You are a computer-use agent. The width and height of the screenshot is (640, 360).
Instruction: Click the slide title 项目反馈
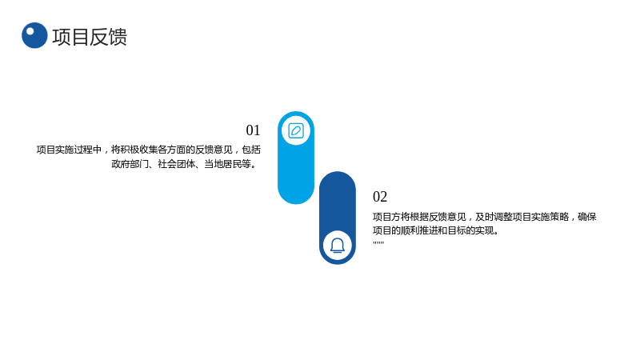(90, 37)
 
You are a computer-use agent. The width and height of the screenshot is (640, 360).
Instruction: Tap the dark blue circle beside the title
(34, 35)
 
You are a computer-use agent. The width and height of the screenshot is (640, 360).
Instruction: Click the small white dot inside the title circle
(30, 31)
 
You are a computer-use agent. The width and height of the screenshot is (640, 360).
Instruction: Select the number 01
(253, 130)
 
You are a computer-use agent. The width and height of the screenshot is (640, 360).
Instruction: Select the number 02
(380, 197)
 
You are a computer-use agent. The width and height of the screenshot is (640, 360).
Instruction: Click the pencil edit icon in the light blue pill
(296, 131)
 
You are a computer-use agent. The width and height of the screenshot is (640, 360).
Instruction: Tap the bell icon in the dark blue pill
(338, 246)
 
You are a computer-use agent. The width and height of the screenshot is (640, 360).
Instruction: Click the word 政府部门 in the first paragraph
(130, 164)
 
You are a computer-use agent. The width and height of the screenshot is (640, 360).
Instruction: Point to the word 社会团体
(176, 164)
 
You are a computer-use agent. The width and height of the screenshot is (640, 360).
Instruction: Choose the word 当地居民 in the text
(222, 164)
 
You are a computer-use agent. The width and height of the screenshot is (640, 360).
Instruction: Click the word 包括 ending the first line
(251, 150)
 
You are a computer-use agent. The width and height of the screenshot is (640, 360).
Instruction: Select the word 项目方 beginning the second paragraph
(386, 217)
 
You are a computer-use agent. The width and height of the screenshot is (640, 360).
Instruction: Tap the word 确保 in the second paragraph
(587, 217)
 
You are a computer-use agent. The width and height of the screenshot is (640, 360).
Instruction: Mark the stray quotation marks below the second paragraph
(378, 243)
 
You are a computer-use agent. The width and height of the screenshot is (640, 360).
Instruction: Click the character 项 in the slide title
(62, 37)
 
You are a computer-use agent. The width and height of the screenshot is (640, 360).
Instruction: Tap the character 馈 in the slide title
(118, 37)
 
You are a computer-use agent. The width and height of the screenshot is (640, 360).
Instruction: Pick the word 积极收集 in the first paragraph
(139, 150)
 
